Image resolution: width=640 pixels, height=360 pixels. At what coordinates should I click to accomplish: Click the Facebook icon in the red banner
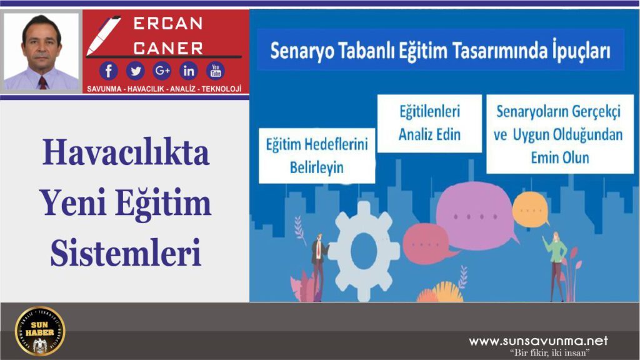(109, 71)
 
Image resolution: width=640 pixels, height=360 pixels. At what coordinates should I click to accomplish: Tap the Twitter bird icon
(135, 71)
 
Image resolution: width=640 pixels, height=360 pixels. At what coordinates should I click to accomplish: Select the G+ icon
(162, 71)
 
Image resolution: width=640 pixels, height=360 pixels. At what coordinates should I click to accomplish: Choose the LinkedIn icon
(189, 71)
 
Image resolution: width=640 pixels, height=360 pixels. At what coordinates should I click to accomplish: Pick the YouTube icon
(216, 71)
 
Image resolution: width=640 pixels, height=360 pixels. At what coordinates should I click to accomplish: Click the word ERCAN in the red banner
(168, 24)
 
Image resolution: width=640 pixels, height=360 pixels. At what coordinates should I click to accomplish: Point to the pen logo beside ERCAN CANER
(102, 35)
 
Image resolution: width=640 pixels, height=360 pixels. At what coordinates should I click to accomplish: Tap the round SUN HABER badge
(40, 331)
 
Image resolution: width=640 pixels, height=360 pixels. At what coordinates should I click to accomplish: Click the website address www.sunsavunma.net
(538, 341)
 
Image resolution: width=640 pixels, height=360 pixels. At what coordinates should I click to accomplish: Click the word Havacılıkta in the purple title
(126, 153)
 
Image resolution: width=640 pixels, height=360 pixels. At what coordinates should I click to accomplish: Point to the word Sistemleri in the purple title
(126, 253)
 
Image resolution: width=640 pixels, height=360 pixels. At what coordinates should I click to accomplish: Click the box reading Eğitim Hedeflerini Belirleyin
(317, 156)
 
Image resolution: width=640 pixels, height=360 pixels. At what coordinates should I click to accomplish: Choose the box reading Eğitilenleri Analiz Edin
(429, 123)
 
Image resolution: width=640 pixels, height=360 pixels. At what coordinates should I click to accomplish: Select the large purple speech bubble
(476, 216)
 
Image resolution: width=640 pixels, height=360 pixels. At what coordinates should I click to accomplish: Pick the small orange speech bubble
(531, 209)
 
